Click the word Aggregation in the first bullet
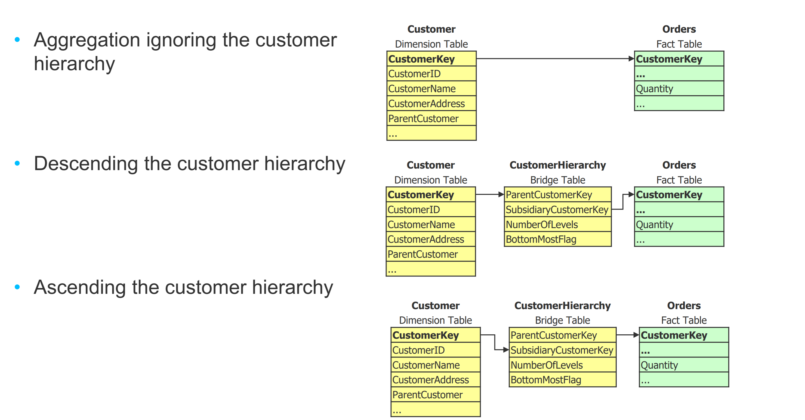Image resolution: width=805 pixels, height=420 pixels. [x=87, y=41]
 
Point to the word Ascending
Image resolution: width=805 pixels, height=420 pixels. [x=80, y=287]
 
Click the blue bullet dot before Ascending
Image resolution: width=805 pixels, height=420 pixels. [x=17, y=287]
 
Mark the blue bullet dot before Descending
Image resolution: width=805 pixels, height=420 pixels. [x=17, y=163]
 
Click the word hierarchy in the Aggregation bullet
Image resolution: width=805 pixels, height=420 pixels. [x=74, y=64]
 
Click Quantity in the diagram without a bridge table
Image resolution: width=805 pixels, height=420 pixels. [x=654, y=89]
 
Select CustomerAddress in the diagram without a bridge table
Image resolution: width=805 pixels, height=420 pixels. [x=427, y=104]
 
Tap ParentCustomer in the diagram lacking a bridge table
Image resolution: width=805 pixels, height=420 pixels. [x=423, y=119]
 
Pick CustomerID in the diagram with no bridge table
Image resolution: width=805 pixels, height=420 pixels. [x=414, y=74]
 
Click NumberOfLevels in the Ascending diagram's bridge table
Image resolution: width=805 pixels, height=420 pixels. [x=547, y=365]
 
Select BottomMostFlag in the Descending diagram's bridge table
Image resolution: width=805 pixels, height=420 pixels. [x=541, y=239]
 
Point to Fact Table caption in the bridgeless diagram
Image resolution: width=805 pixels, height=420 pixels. [x=679, y=44]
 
